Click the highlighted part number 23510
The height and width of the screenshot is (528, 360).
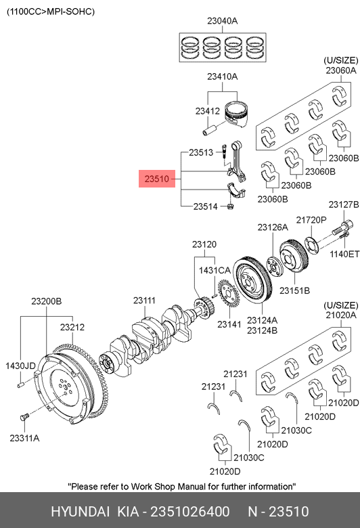[156, 179]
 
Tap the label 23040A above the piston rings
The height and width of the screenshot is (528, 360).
[222, 21]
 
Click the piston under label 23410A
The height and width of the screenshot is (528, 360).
[236, 114]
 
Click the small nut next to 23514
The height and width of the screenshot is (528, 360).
[230, 206]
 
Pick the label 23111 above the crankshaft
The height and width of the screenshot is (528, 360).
[144, 301]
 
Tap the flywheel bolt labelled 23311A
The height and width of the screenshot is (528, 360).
[24, 418]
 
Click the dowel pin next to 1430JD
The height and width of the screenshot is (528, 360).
[20, 384]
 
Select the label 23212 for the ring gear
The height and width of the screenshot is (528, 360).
[72, 327]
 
